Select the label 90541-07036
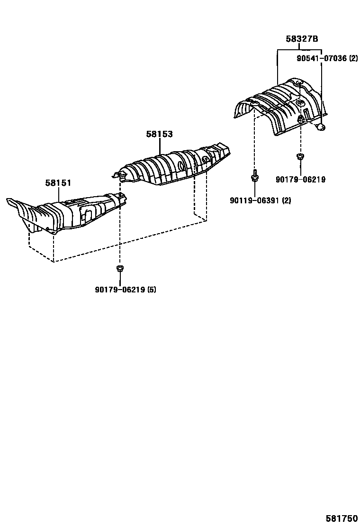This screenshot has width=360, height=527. [x=320, y=59]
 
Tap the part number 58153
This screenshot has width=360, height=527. [x=159, y=134]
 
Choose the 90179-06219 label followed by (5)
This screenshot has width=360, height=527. [x=120, y=290]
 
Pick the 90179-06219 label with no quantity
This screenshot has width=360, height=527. [x=300, y=180]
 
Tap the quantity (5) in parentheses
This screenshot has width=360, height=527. [x=152, y=290]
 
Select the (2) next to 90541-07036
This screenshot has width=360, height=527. [x=353, y=59]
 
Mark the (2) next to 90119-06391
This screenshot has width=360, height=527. [x=287, y=200]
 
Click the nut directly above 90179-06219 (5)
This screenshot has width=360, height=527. [x=120, y=269]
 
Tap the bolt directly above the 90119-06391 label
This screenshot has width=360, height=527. [x=255, y=177]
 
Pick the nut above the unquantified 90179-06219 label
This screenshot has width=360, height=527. [x=300, y=156]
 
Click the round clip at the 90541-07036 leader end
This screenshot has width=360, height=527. [x=321, y=126]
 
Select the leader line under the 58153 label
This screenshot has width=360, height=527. [x=160, y=146]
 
